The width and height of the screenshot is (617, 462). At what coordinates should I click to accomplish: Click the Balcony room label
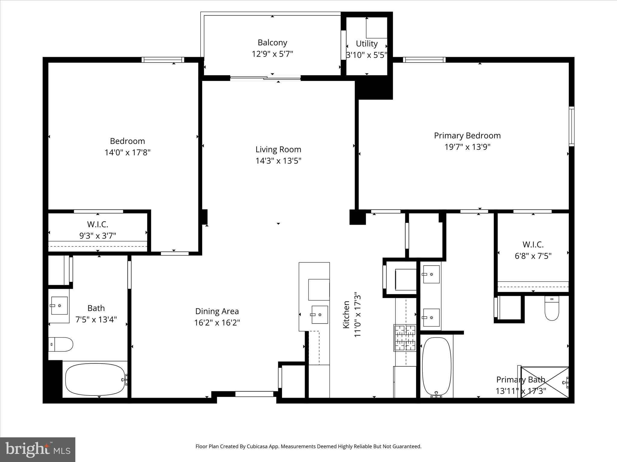point(272,43)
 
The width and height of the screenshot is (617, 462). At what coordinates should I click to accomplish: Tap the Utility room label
point(367,44)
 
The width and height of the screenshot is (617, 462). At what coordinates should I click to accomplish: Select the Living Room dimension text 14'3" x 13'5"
point(278,161)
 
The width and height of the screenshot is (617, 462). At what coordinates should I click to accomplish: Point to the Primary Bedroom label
point(467,136)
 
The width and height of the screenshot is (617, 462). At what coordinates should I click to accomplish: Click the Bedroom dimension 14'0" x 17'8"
point(127,152)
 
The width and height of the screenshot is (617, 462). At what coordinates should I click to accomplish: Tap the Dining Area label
point(217,311)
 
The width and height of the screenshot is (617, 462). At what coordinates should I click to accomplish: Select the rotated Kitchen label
point(346,315)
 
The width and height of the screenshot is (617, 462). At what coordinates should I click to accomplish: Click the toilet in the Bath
point(61,344)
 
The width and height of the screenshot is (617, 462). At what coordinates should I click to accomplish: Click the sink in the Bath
point(59,306)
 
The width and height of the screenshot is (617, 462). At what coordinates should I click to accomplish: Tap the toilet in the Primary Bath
point(552,308)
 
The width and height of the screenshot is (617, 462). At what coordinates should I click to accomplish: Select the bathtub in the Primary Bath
point(437,366)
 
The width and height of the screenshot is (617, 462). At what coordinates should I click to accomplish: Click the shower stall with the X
point(545,382)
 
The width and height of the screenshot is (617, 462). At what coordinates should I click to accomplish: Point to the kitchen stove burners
point(405,338)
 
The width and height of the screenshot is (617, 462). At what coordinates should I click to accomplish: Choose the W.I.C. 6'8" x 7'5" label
point(533,250)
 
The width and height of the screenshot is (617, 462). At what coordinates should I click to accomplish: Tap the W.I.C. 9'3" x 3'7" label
point(98,230)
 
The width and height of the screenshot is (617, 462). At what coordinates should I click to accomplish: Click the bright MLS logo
point(38,449)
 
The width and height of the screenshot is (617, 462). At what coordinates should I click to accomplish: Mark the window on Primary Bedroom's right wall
point(572,126)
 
